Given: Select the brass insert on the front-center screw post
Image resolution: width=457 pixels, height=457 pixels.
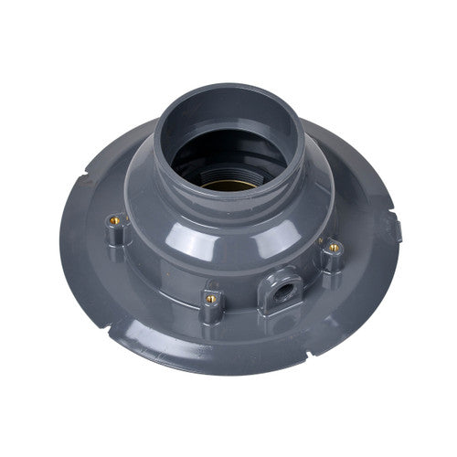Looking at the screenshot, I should point(211,298).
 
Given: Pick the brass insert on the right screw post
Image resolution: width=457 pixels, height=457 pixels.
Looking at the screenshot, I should point(335,248).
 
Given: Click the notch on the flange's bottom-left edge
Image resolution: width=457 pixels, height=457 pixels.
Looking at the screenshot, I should point(113,324).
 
